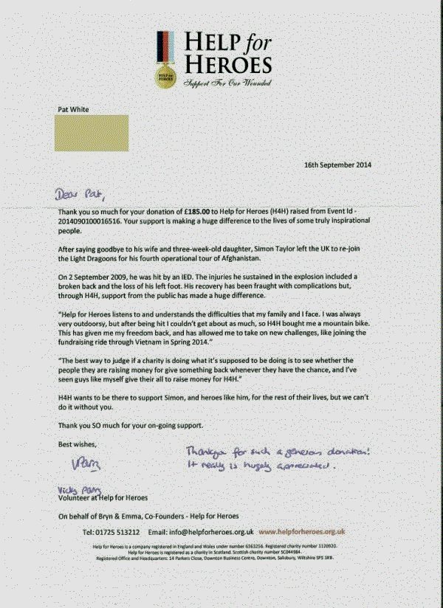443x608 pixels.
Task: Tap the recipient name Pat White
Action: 73,109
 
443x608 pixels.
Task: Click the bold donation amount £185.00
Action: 206,212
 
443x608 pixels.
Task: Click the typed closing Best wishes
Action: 77,444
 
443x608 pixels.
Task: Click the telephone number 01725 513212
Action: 109,531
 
